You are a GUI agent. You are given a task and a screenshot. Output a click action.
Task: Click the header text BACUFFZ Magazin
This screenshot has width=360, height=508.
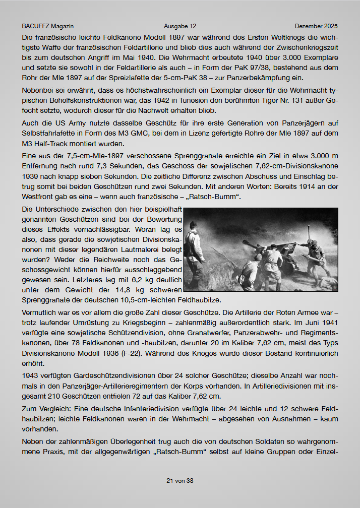tap(44, 26)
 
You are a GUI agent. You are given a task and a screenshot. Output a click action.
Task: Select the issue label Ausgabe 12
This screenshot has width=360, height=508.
tap(180, 26)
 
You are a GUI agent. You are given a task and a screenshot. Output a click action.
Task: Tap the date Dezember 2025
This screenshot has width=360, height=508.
tap(316, 26)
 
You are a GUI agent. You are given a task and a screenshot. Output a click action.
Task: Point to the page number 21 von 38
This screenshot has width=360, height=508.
tap(180, 481)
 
